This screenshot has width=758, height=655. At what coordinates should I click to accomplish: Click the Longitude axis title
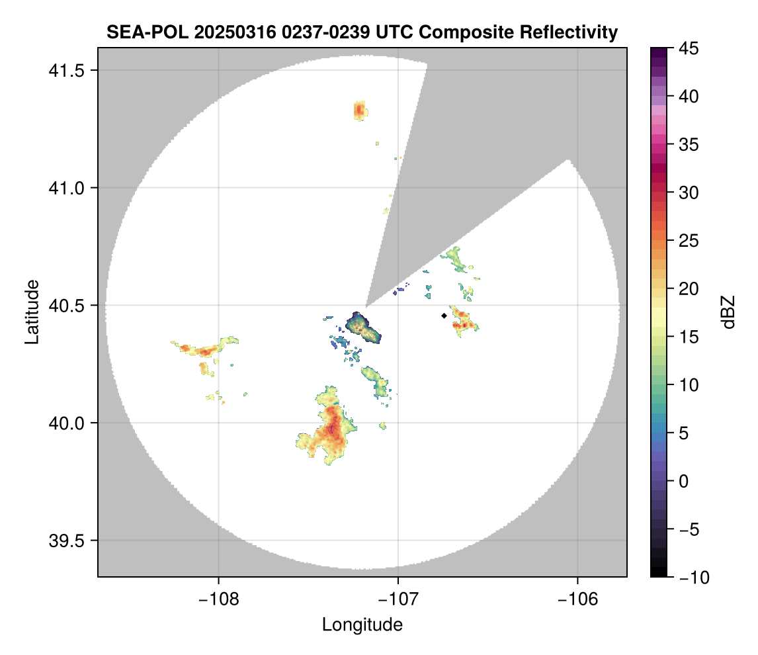coord(362,624)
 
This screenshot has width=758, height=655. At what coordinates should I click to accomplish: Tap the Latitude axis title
coord(31,311)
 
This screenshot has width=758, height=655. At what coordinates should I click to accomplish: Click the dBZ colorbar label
coord(729,312)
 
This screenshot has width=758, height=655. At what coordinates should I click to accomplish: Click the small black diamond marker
coord(444,316)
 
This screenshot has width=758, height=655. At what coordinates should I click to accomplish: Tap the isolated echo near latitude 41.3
coord(359,110)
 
